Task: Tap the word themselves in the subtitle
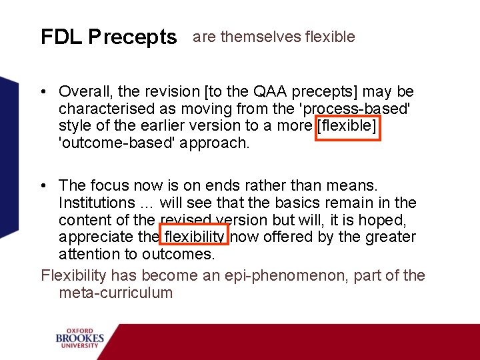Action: (x=261, y=37)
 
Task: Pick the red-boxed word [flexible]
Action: (x=347, y=126)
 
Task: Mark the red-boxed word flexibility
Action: (x=195, y=237)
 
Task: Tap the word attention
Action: (x=88, y=254)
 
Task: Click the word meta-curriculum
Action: (x=115, y=293)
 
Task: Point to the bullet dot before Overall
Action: (x=44, y=92)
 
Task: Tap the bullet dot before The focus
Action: (x=44, y=185)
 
